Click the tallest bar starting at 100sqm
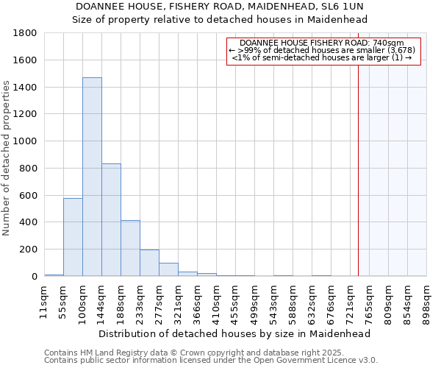tap(92, 177)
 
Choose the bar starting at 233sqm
tap(149, 263)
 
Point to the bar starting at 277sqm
tap(168, 269)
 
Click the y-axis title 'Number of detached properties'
tap(7, 158)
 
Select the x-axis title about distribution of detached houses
tap(234, 333)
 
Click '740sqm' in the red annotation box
tap(388, 43)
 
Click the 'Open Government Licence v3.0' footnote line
tap(211, 361)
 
